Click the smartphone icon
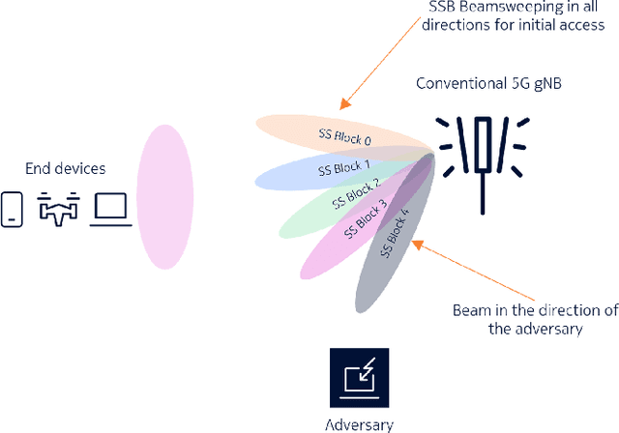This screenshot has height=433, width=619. coord(13,209)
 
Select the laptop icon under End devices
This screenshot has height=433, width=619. coord(110,210)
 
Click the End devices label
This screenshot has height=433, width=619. coord(65,169)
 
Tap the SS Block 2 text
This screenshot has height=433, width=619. coord(355,193)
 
